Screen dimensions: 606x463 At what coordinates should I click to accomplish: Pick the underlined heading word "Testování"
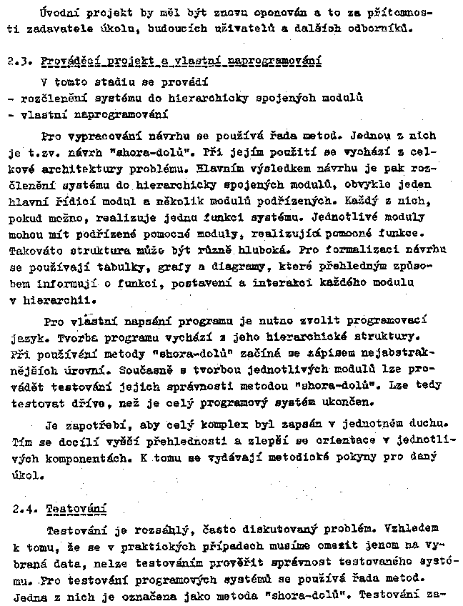76,510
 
